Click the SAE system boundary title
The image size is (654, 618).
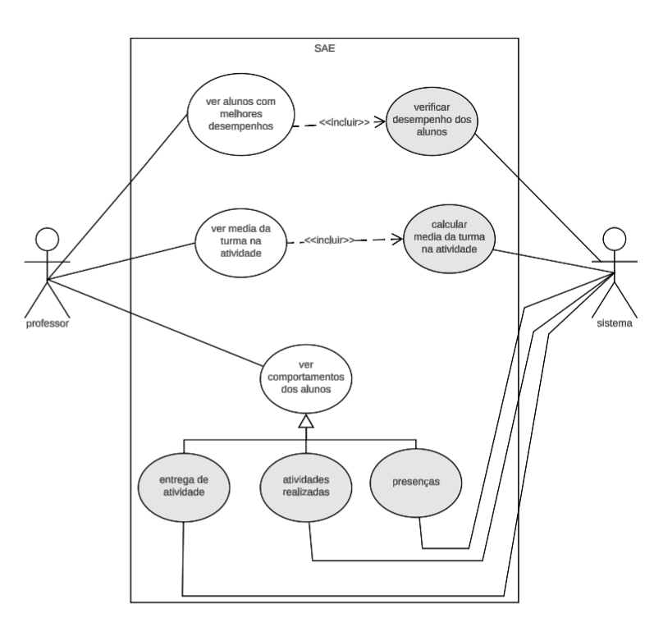[x=324, y=47]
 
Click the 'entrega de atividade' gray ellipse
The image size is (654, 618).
[x=183, y=486]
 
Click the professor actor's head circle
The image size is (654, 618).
[x=47, y=240]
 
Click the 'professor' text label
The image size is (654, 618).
[x=47, y=323]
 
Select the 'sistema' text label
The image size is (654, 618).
[x=613, y=323]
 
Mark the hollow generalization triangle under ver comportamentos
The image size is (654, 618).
[x=305, y=422]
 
